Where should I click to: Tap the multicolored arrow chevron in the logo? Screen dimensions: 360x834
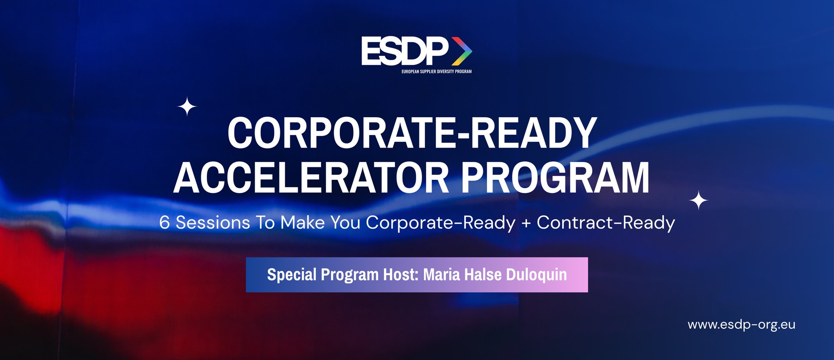462,51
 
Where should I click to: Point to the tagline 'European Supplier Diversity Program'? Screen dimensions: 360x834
436,71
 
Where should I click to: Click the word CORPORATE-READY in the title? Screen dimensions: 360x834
412,133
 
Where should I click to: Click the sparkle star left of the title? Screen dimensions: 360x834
187,107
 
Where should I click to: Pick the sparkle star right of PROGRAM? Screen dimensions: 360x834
698,201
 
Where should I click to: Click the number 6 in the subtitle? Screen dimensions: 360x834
165,223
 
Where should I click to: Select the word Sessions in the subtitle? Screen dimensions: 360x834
213,223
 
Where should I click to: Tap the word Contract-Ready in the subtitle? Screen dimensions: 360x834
605,223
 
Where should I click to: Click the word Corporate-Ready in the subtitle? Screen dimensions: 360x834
440,223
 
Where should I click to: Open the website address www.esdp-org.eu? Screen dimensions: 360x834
741,325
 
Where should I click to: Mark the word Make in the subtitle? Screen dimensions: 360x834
302,223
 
